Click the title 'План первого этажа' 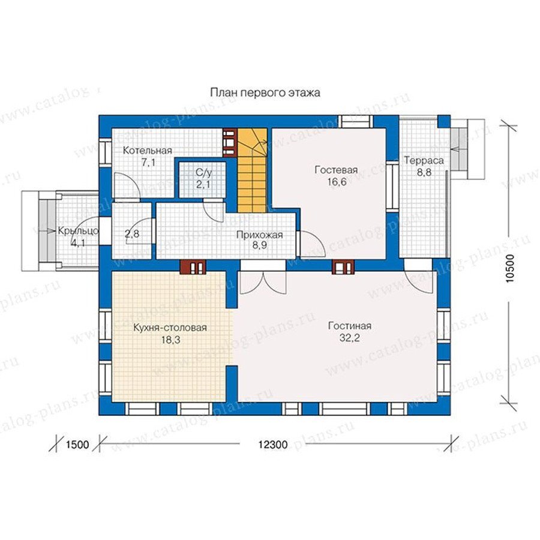265,93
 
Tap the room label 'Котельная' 148,151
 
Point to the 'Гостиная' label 350,326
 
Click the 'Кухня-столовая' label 170,327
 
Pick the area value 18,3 171,340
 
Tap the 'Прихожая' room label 259,235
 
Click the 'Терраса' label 424,160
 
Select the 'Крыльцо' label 78,231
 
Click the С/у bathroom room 203,179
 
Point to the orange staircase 253,170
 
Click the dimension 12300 273,445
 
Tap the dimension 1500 77,445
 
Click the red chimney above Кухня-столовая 193,267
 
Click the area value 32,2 350,338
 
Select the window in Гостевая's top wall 355,122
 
